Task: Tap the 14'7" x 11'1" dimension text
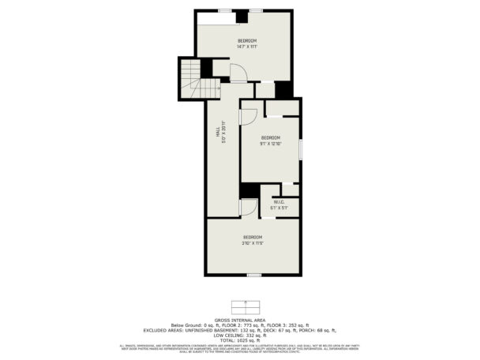247,47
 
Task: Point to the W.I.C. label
279,202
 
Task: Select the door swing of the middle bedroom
246,115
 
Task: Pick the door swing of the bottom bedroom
248,207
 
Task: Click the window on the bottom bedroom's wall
253,274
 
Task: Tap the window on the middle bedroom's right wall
300,150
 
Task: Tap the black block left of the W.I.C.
249,191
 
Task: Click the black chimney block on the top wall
241,17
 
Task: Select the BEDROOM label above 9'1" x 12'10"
272,137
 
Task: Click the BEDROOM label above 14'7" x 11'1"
247,40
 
